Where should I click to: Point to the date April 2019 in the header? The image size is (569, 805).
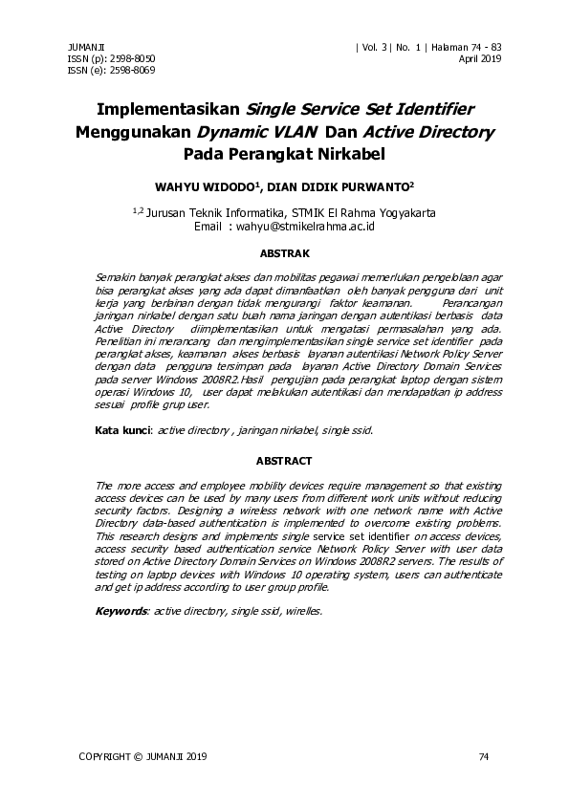click(481, 58)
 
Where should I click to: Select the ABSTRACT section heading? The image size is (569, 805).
click(285, 461)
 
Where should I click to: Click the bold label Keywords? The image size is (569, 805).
click(121, 610)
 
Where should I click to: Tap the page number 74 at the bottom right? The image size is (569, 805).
click(483, 757)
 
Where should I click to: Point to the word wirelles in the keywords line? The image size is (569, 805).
click(304, 610)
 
